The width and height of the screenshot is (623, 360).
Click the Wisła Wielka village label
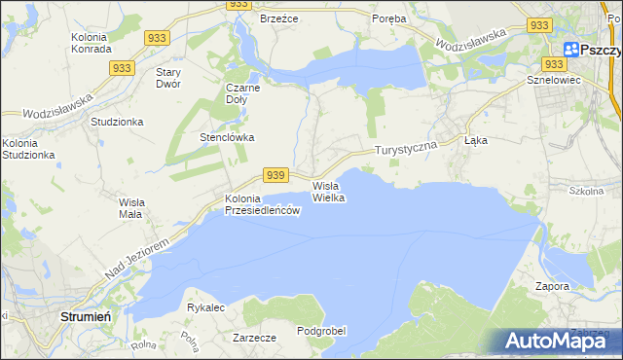click(x=329, y=191)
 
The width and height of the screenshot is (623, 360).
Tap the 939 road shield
click(x=276, y=174)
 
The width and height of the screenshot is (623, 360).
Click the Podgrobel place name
click(x=321, y=331)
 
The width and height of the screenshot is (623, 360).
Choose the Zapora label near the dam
click(x=552, y=286)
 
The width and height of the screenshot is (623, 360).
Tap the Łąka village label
click(x=476, y=140)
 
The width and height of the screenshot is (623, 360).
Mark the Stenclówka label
click(x=227, y=137)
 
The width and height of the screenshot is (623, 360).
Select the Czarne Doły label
click(x=242, y=92)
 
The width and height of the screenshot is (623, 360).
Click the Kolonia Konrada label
click(x=94, y=43)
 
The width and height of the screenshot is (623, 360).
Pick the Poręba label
click(x=390, y=18)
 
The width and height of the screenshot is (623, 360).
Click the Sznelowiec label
click(x=553, y=80)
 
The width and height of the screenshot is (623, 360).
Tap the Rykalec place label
click(x=206, y=307)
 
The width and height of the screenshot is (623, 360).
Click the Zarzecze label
click(x=255, y=338)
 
